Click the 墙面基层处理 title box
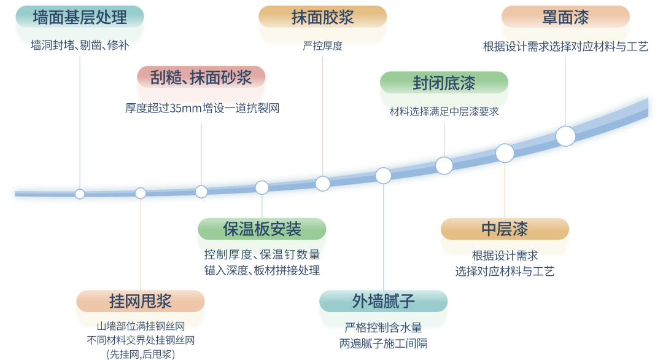click(79, 17)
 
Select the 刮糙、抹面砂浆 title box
click(201, 77)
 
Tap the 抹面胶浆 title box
click(322, 17)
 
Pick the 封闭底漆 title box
click(444, 83)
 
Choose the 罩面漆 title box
click(565, 17)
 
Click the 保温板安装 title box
click(262, 229)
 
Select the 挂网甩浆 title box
click(140, 301)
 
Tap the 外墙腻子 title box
click(383, 301)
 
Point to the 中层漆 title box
click(505, 229)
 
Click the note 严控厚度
click(322, 46)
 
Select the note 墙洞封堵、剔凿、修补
click(79, 45)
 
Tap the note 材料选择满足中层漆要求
click(444, 112)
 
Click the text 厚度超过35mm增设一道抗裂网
click(202, 109)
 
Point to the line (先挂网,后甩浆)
click(140, 354)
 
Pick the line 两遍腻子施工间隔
click(383, 344)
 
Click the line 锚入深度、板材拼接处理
click(262, 270)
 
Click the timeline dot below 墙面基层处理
click(80, 194)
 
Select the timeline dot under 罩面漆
click(565, 136)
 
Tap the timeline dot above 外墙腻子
click(383, 176)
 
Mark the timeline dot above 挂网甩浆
click(141, 194)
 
